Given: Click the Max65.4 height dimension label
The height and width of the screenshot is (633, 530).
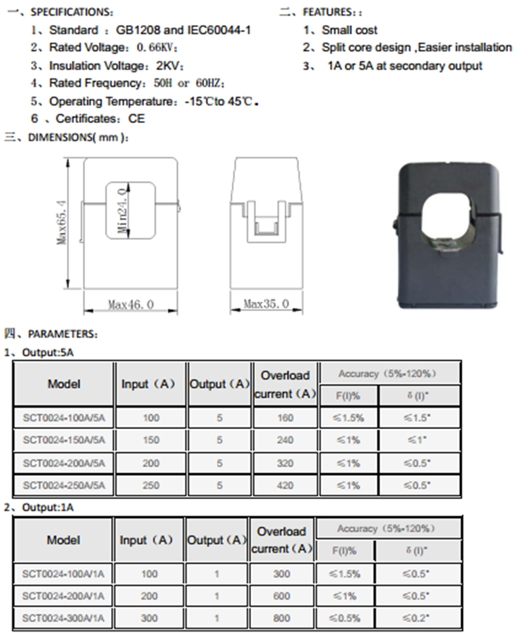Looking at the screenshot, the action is pyautogui.click(x=62, y=222).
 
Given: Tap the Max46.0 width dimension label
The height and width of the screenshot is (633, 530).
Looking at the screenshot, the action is pyautogui.click(x=131, y=304).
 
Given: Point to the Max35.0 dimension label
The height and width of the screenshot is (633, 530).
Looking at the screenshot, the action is pyautogui.click(x=266, y=304).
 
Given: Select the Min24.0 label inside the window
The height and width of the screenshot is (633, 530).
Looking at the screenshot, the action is pyautogui.click(x=122, y=210).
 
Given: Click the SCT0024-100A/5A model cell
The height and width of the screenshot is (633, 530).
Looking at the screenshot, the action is pyautogui.click(x=64, y=418).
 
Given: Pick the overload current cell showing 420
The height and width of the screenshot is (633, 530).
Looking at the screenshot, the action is pyautogui.click(x=285, y=485).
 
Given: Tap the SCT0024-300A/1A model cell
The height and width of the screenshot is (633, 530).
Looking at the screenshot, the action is pyautogui.click(x=63, y=618).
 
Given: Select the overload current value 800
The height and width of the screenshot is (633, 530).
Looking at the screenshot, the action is pyautogui.click(x=281, y=618).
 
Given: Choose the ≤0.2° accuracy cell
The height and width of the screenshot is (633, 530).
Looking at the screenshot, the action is pyautogui.click(x=416, y=618).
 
